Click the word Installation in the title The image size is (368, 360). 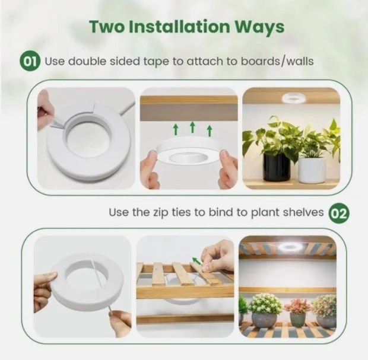[180, 27]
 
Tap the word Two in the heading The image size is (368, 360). [107, 27]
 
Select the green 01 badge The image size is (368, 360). [30, 62]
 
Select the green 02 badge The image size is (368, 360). [339, 213]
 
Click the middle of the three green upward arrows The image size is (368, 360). [192, 127]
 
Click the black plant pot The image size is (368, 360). [276, 167]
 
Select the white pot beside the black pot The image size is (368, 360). [312, 170]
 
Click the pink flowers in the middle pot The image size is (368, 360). [297, 306]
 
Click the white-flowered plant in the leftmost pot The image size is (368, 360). [264, 304]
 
